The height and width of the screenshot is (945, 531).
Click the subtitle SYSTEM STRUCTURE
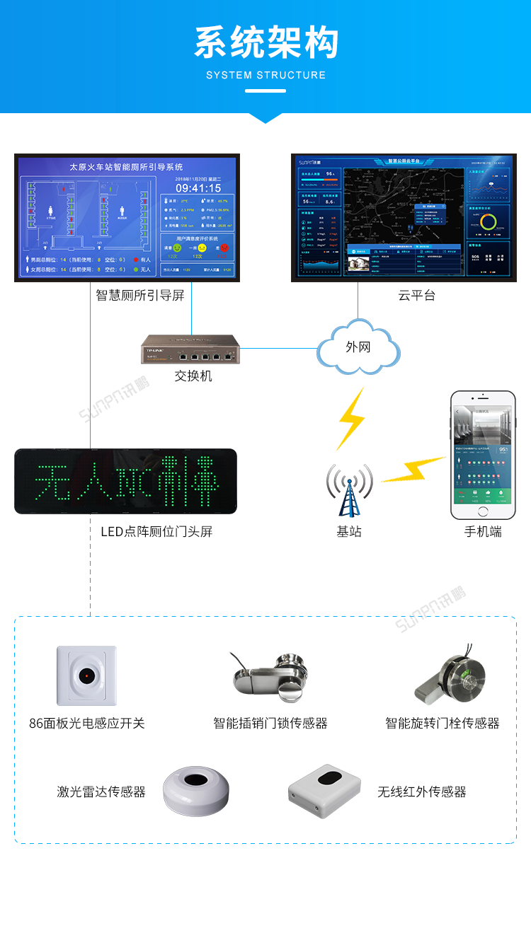(x=266, y=75)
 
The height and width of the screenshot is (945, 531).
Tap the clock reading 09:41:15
(x=198, y=188)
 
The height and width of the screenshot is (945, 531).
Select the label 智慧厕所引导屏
(x=140, y=296)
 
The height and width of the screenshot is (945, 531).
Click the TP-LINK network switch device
(x=190, y=349)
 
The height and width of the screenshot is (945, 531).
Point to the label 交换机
(x=193, y=376)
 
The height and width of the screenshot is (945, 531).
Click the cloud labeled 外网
(x=358, y=347)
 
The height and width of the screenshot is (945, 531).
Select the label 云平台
(x=416, y=296)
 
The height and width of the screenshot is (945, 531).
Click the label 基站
(x=349, y=531)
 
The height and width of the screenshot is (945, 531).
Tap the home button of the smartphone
(x=484, y=511)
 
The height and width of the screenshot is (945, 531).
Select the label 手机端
(x=483, y=531)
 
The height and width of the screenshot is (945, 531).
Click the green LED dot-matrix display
(x=126, y=481)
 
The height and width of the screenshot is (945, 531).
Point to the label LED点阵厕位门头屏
(x=156, y=531)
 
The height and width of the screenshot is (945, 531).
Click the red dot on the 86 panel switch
(x=86, y=676)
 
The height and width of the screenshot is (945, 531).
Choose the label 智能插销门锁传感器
(x=270, y=723)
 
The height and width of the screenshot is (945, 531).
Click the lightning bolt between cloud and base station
(x=351, y=419)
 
